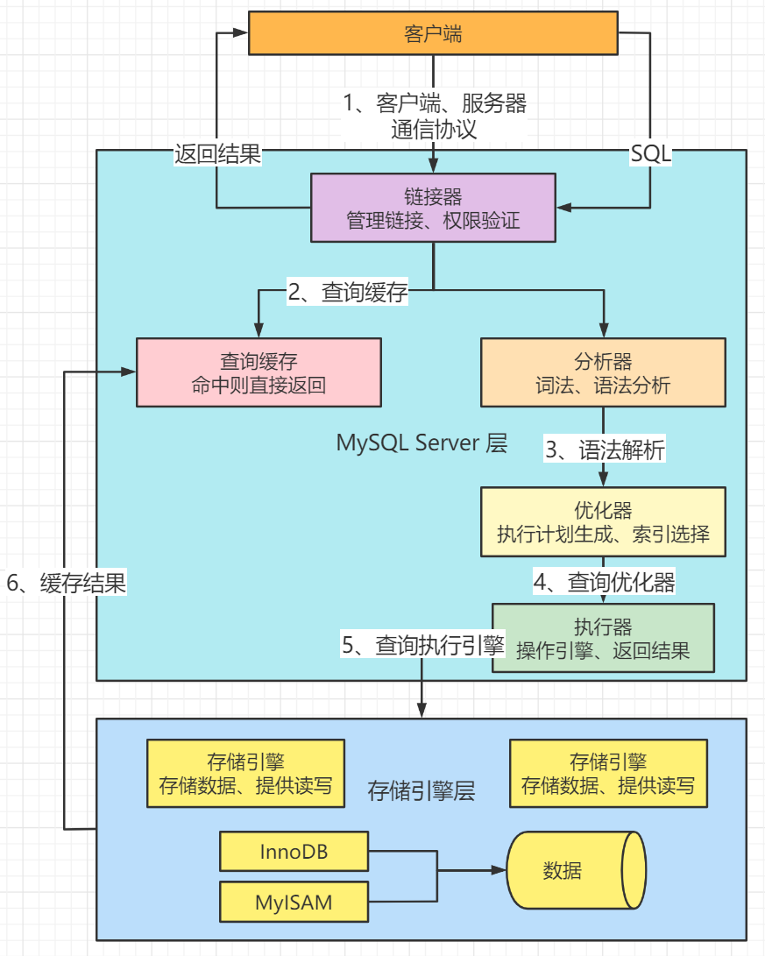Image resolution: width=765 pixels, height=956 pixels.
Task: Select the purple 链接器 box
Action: click(x=434, y=207)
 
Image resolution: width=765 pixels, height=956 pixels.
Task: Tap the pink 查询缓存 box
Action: click(x=259, y=372)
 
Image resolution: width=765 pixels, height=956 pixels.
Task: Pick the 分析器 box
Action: click(x=603, y=372)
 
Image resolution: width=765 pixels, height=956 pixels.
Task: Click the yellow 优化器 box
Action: click(x=603, y=522)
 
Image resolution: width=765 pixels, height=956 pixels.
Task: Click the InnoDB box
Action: click(x=294, y=852)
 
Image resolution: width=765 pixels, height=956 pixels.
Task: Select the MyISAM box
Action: click(x=294, y=902)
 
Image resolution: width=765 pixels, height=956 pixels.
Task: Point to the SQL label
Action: click(x=651, y=155)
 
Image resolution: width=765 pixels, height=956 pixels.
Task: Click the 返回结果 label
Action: click(x=217, y=155)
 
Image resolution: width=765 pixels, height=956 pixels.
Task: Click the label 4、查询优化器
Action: click(x=605, y=580)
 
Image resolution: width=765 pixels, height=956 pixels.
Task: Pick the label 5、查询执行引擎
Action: click(x=423, y=646)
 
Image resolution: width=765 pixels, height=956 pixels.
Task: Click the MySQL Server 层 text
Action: click(x=421, y=443)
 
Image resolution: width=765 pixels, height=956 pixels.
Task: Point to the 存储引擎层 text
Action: click(x=421, y=792)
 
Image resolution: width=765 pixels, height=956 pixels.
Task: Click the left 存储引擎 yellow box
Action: click(x=245, y=774)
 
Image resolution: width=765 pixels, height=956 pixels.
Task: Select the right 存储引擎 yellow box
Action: click(x=608, y=774)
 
